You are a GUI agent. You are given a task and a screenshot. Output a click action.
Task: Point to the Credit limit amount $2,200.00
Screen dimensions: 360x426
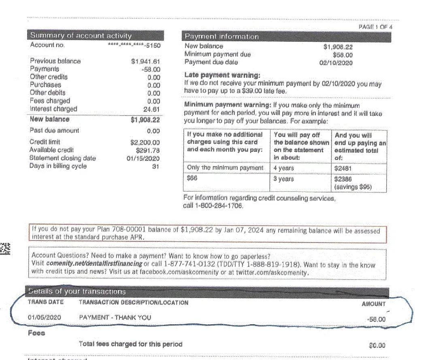(145, 143)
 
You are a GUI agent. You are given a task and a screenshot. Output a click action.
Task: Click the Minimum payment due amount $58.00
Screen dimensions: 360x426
(343, 55)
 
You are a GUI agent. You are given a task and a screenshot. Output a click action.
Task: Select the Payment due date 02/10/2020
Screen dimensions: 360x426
(336, 63)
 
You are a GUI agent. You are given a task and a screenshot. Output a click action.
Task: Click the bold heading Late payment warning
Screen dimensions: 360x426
(222, 75)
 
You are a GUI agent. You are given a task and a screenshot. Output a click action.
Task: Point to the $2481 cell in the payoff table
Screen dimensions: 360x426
(343, 168)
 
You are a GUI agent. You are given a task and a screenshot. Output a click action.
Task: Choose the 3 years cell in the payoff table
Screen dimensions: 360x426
(283, 179)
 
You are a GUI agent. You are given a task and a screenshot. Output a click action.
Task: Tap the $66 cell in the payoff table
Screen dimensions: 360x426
(192, 179)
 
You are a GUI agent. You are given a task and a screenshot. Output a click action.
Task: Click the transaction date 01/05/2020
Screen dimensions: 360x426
(45, 317)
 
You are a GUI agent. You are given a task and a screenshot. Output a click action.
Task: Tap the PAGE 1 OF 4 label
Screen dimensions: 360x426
(375, 27)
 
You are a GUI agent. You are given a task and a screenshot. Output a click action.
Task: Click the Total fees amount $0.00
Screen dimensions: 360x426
(377, 345)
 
